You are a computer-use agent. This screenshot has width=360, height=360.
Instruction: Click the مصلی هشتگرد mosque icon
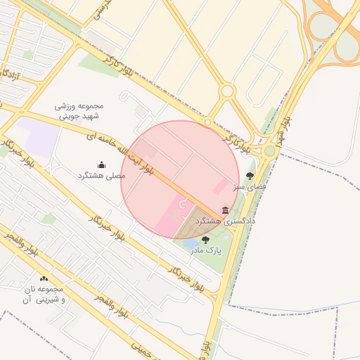[x=101, y=165]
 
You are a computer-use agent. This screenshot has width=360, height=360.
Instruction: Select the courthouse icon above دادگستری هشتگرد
[x=225, y=210]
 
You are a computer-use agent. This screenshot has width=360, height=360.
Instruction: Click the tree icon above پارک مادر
[x=205, y=240]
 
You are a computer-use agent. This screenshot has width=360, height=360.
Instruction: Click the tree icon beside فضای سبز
[x=250, y=176]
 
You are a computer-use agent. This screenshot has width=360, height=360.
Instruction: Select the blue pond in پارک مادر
[x=191, y=245]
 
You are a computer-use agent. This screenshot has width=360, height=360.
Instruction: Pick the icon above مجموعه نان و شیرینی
[x=44, y=279]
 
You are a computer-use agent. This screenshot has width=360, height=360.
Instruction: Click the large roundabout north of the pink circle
[x=226, y=91]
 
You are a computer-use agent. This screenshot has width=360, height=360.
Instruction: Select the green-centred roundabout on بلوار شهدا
[x=269, y=150]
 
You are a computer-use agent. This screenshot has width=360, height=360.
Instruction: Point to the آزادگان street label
[x=13, y=75]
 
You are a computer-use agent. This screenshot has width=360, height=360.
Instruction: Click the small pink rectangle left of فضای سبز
[x=220, y=186]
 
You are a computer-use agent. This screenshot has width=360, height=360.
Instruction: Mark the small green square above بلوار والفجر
[x=49, y=219]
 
